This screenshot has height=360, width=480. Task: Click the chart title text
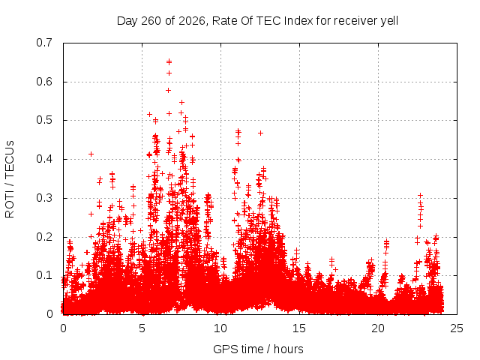[257, 21]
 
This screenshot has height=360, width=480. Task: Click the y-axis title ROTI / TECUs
[10, 179]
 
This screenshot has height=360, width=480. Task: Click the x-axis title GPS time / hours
[258, 349]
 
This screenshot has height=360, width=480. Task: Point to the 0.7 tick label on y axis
[44, 43]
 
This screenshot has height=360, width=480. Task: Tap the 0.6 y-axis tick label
[44, 82]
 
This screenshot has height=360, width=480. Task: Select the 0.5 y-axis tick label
[44, 120]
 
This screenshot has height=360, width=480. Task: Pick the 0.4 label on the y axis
[44, 159]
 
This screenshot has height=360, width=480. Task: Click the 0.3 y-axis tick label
[44, 198]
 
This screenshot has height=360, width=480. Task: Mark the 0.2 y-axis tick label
[44, 237]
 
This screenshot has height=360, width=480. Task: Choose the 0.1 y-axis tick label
[44, 275]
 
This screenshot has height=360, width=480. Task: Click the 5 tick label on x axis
[142, 328]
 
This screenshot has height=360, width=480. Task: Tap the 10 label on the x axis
[220, 328]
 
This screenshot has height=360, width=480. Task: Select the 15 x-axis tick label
[299, 328]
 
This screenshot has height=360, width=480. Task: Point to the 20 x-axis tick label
[378, 328]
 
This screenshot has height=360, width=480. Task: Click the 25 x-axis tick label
[457, 328]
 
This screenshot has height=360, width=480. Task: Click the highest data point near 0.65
[169, 62]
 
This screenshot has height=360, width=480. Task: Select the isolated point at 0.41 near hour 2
[91, 154]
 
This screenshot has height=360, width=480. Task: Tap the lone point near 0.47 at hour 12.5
[260, 133]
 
